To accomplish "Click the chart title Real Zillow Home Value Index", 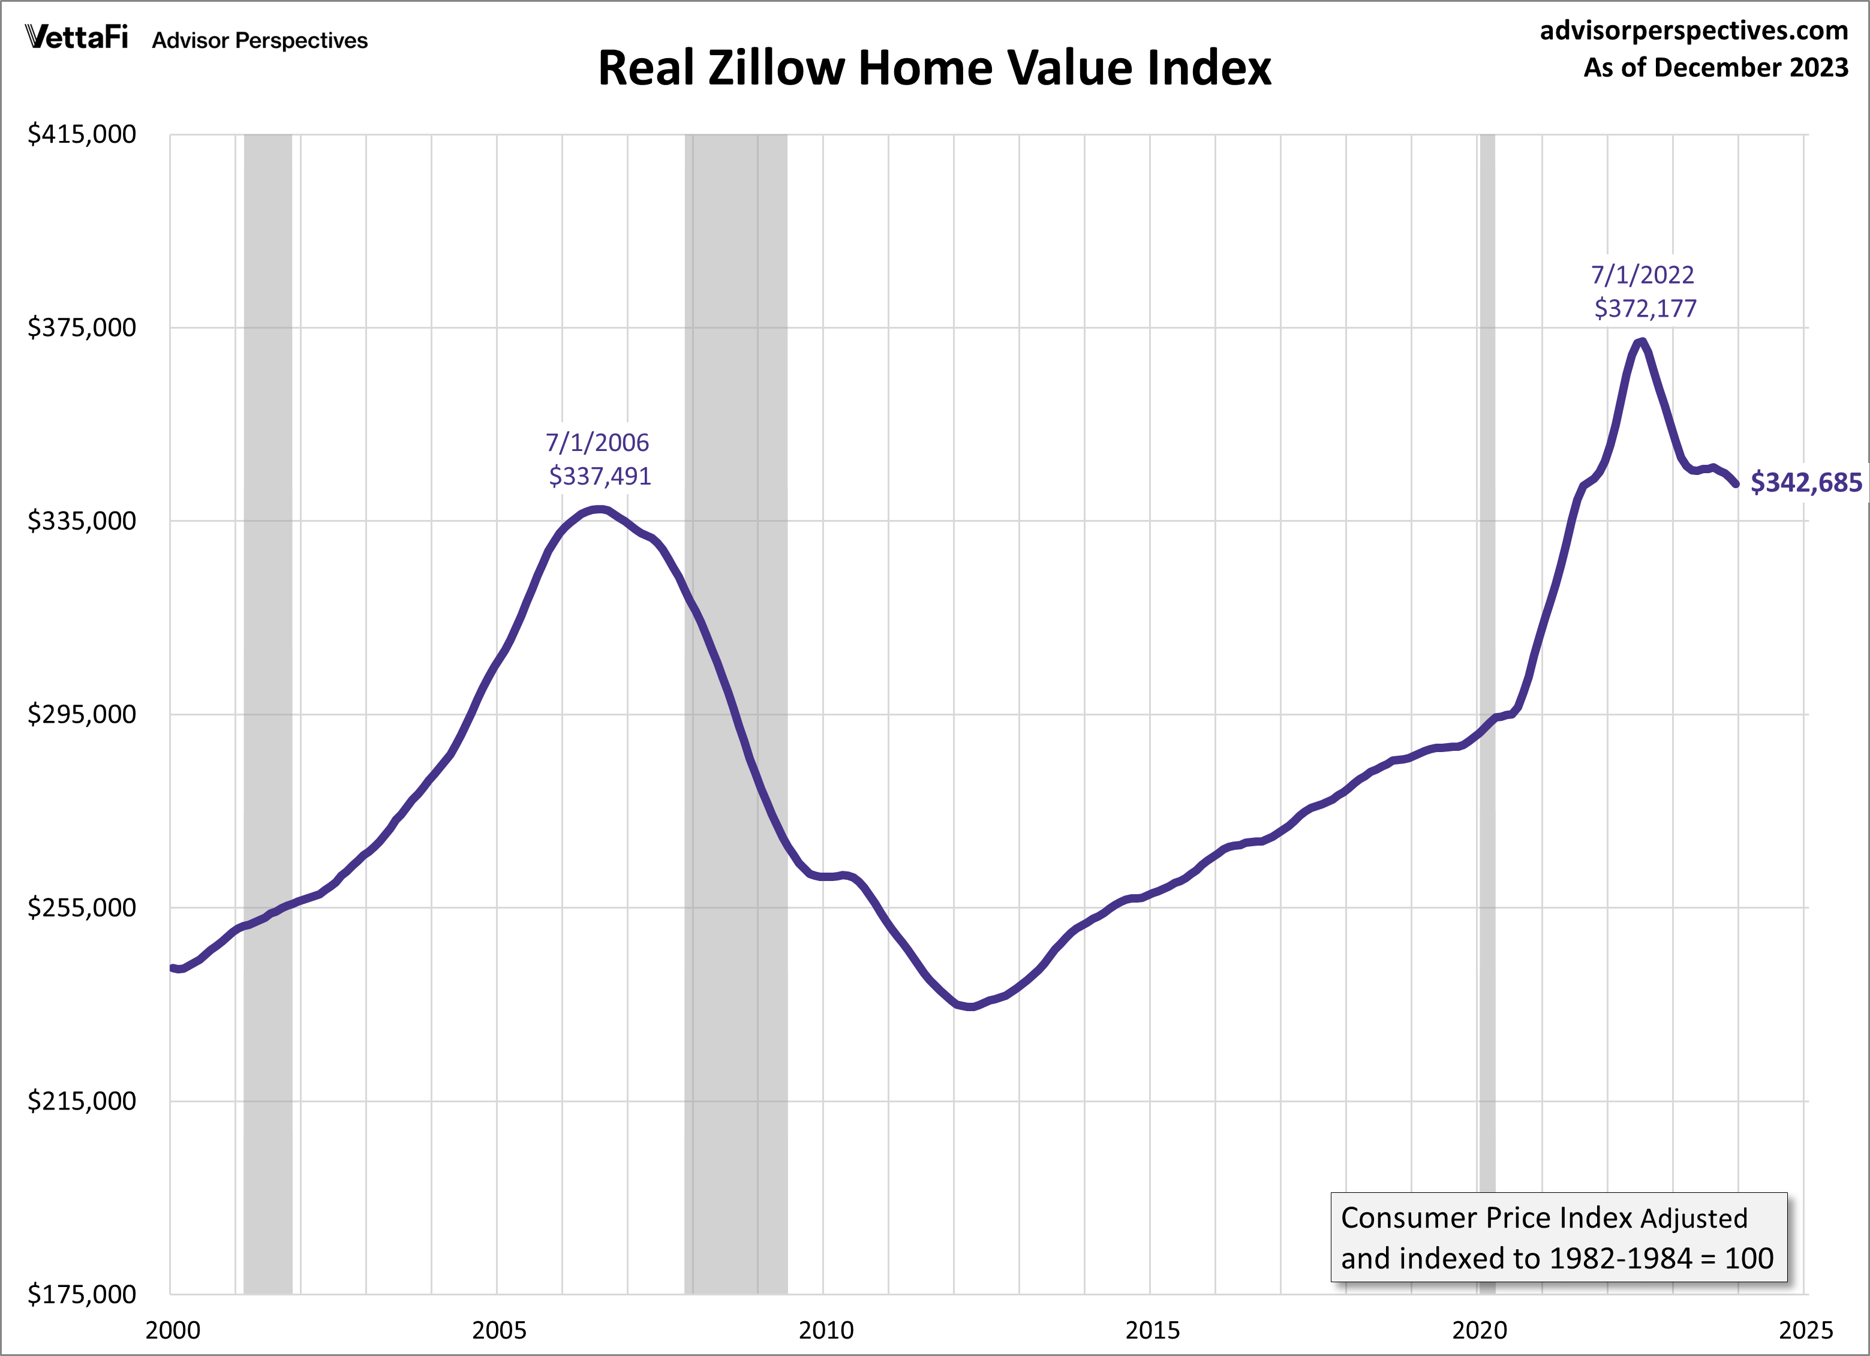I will pyautogui.click(x=934, y=68).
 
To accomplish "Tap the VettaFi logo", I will pyautogui.click(x=77, y=37).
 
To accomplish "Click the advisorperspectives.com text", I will pyautogui.click(x=1694, y=31).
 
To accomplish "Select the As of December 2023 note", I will pyautogui.click(x=1715, y=68).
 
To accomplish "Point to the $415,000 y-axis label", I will pyautogui.click(x=82, y=134).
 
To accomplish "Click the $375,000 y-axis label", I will pyautogui.click(x=82, y=328).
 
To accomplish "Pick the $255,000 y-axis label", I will pyautogui.click(x=82, y=907).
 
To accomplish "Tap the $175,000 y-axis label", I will pyautogui.click(x=82, y=1294).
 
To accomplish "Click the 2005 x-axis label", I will pyautogui.click(x=499, y=1330).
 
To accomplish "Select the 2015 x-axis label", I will pyautogui.click(x=1153, y=1330).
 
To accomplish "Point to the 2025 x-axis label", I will pyautogui.click(x=1806, y=1330).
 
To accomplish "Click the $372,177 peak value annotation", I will pyautogui.click(x=1645, y=308).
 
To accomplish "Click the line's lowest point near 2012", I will pyautogui.click(x=971, y=1006).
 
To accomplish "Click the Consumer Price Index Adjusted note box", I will pyautogui.click(x=1558, y=1237).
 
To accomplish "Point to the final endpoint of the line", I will pyautogui.click(x=1736, y=484).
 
